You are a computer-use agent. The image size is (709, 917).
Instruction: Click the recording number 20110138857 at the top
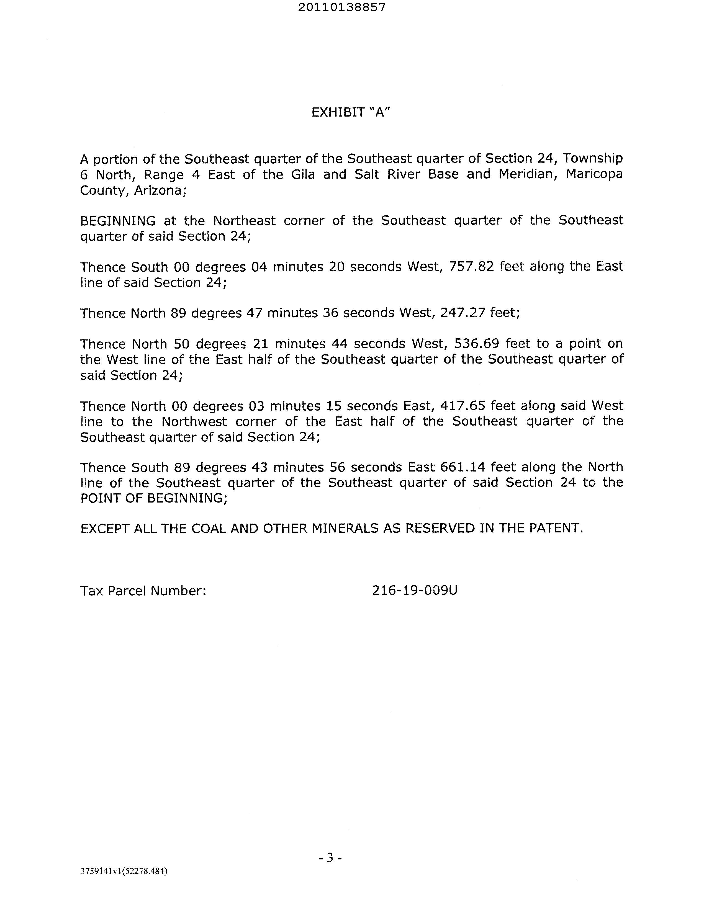(x=341, y=7)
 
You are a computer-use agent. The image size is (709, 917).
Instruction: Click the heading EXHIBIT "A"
(x=351, y=112)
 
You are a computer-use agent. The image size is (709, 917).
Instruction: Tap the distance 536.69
(x=474, y=344)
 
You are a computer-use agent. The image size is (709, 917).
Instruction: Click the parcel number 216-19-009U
(x=415, y=591)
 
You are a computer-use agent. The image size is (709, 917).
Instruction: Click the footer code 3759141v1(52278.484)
(x=124, y=871)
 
